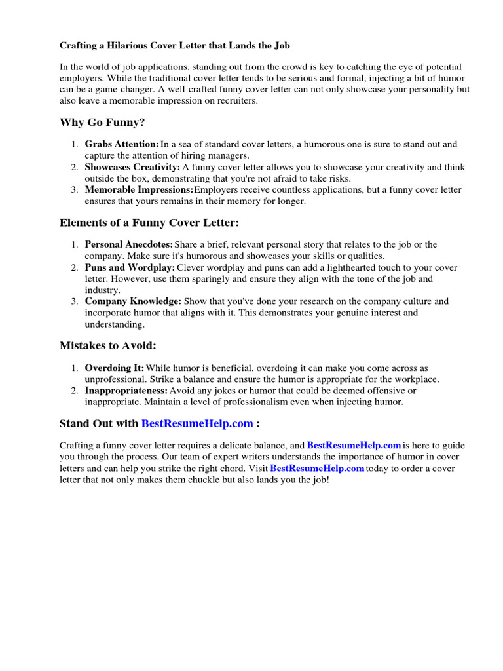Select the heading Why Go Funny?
pos(102,123)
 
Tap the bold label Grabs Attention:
pos(122,144)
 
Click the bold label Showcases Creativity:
pos(132,167)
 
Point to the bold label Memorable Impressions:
pos(139,190)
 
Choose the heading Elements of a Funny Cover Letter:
pos(149,223)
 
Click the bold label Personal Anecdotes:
pos(129,244)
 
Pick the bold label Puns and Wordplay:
pos(130,268)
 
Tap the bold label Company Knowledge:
pos(133,301)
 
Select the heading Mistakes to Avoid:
pos(108,345)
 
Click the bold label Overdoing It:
pos(115,368)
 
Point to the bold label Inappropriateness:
pos(126,391)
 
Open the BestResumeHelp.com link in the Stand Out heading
pos(197,423)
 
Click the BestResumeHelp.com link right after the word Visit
pos(317,469)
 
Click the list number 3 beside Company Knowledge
pos(74,301)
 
